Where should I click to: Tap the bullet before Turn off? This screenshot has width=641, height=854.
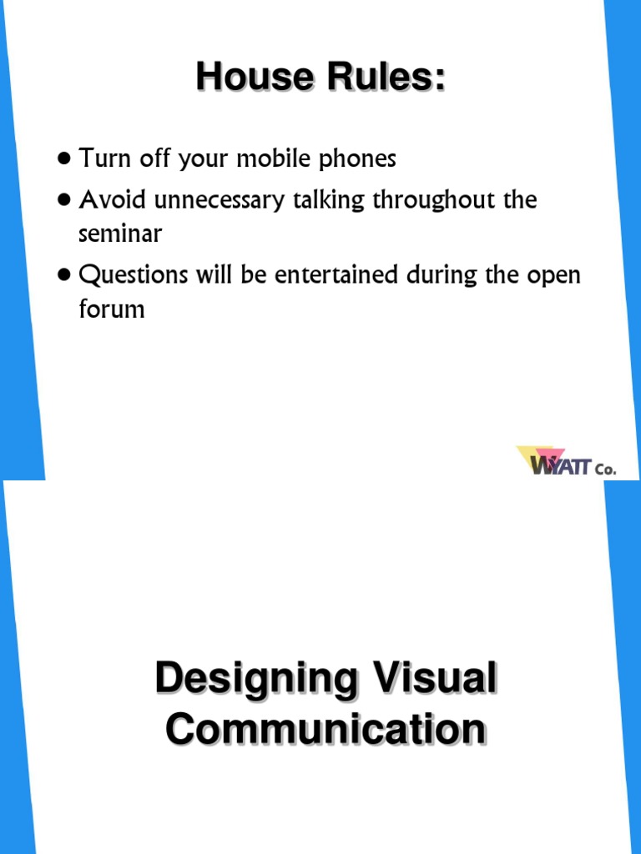point(65,158)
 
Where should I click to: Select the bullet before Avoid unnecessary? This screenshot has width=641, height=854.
point(65,200)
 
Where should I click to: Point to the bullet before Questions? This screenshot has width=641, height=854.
point(65,275)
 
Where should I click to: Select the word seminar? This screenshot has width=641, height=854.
point(119,234)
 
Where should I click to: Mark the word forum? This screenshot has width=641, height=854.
point(111,309)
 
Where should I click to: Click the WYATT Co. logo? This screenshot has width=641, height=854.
point(565,461)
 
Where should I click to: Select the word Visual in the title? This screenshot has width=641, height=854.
point(439,679)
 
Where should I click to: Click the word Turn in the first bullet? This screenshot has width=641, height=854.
point(101,158)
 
